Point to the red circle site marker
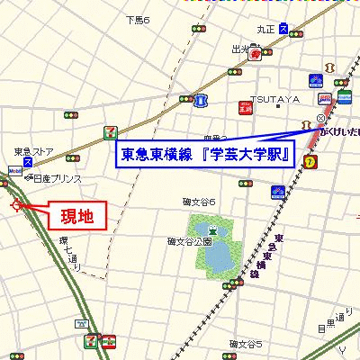[x=17, y=206]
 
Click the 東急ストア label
[x=33, y=151]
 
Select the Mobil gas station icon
[x=15, y=168]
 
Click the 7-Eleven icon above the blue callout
[x=110, y=130]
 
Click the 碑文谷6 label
[x=199, y=202]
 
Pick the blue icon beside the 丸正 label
[x=285, y=29]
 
